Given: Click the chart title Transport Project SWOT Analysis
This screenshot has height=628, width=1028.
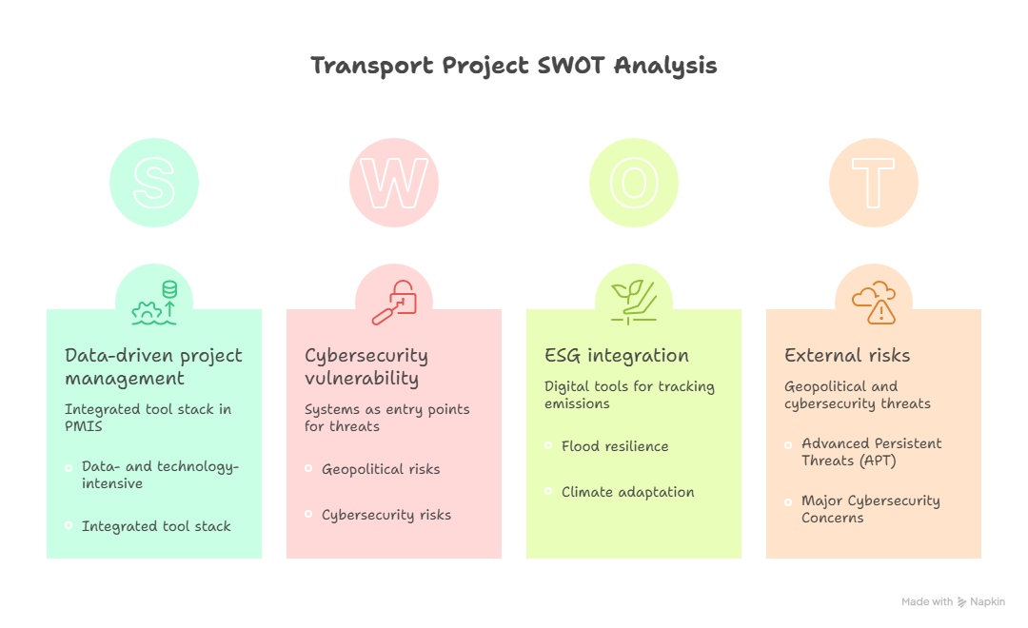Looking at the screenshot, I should (x=514, y=66).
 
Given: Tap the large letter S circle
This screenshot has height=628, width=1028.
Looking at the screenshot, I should (x=154, y=183).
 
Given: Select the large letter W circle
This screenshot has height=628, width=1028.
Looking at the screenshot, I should (x=394, y=183).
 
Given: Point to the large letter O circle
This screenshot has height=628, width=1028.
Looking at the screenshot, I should (x=634, y=183).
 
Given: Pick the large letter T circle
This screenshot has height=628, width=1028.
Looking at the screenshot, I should (x=874, y=183).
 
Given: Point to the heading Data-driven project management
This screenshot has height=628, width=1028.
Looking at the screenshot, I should (x=153, y=366).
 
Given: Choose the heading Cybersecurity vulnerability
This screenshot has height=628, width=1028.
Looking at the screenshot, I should (x=366, y=366).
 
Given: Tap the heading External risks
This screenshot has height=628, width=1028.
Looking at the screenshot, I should (x=847, y=356).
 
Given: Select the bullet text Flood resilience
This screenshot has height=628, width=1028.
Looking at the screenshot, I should (x=615, y=446).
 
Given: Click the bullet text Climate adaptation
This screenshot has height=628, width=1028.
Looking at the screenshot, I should (x=627, y=492).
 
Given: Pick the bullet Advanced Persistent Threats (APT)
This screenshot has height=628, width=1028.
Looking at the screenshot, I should (x=871, y=452).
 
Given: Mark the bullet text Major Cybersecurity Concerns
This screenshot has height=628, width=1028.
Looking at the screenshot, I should (x=870, y=509).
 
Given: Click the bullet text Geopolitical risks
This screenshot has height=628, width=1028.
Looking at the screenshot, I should (x=381, y=469).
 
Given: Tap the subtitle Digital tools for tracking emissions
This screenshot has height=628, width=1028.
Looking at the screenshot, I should (x=629, y=395).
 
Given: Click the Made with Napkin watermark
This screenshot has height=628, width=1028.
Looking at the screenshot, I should (x=953, y=601).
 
